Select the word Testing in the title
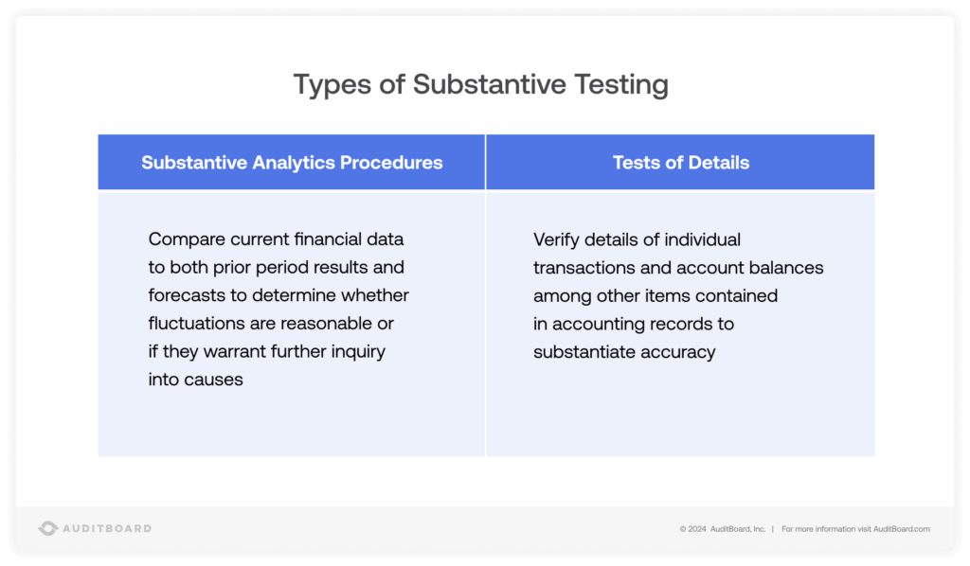point(621,85)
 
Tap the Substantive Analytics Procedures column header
point(292,163)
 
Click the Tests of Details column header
point(680,163)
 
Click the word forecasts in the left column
point(184,295)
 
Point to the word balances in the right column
point(786,268)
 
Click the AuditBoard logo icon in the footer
point(48,528)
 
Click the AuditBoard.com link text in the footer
point(901,529)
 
